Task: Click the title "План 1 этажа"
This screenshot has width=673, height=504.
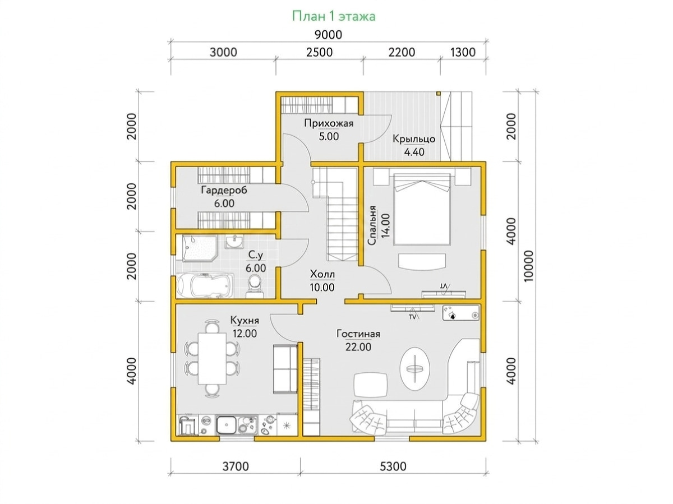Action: tap(333, 16)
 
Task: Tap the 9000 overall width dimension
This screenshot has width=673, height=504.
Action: tap(329, 35)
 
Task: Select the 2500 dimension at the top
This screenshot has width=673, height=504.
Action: tap(320, 52)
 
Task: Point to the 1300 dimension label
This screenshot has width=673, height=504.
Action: tap(463, 52)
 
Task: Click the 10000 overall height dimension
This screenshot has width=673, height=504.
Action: tap(529, 266)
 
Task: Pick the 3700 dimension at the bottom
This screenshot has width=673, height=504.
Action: tap(236, 466)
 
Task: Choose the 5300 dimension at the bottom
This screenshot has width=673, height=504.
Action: tap(393, 466)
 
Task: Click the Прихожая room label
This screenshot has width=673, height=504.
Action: tap(329, 123)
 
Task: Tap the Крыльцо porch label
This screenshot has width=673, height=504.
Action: tap(414, 139)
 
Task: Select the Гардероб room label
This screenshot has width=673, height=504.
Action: tap(224, 190)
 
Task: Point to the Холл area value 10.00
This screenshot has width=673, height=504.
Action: tap(322, 288)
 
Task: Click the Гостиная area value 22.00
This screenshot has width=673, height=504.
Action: tap(358, 347)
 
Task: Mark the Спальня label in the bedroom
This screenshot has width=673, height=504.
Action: tap(372, 225)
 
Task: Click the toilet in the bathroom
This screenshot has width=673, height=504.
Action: tap(255, 286)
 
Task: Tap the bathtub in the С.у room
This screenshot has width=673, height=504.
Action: tap(205, 285)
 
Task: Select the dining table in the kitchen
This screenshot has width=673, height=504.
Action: tap(212, 358)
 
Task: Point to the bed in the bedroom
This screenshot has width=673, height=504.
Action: tap(422, 209)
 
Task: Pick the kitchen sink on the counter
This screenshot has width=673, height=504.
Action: tap(226, 424)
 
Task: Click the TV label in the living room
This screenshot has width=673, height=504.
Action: tap(412, 317)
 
